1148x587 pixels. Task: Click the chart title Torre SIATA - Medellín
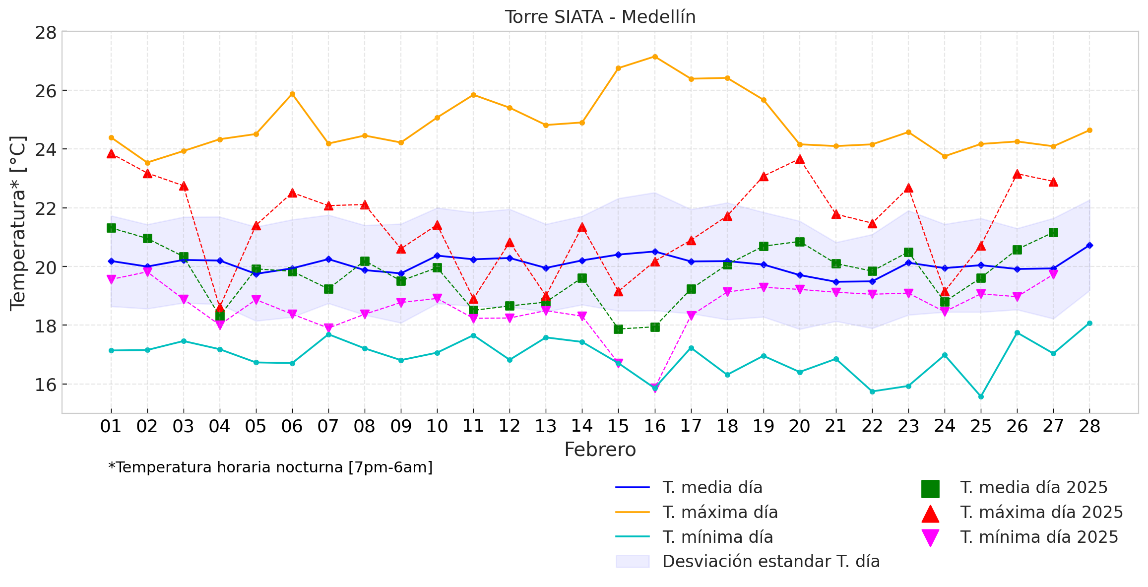click(x=600, y=17)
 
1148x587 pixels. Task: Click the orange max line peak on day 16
click(x=655, y=57)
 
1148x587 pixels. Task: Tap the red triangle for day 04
click(x=220, y=308)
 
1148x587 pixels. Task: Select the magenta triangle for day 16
click(x=655, y=388)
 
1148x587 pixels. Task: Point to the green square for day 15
click(x=618, y=329)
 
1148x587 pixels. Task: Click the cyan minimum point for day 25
click(x=981, y=396)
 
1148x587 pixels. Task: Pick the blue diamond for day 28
click(x=1089, y=245)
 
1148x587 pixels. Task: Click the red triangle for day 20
click(x=800, y=159)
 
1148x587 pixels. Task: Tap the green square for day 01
click(x=111, y=228)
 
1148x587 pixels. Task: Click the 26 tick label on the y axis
click(x=45, y=91)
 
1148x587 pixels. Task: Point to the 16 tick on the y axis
click(x=45, y=385)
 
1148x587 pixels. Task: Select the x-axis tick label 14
click(x=582, y=426)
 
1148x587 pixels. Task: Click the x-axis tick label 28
click(x=1089, y=426)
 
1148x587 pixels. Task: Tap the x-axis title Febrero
click(x=600, y=450)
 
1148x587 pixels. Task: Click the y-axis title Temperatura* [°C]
click(x=18, y=223)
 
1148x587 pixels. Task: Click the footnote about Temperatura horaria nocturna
click(x=270, y=467)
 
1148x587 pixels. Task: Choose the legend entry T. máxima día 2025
click(x=1041, y=512)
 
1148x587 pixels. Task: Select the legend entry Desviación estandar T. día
click(x=771, y=561)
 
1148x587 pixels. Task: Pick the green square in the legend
click(x=930, y=488)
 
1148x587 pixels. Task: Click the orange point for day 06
click(x=292, y=94)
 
